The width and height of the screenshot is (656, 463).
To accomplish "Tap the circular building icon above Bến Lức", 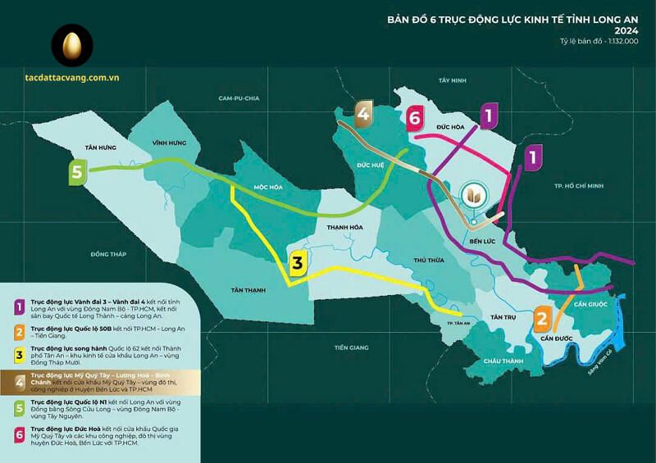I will tap(474, 197).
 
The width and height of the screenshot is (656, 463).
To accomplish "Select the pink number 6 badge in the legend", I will tap(18, 433).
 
